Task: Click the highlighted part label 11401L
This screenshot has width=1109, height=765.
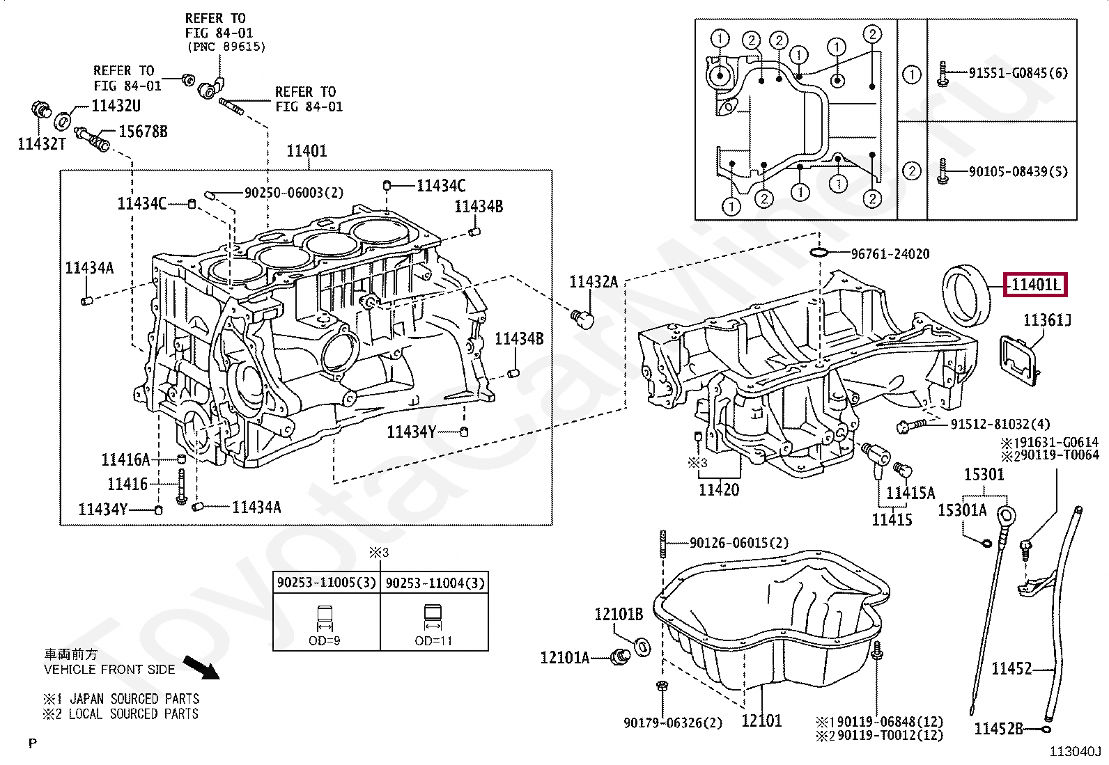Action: point(1035,285)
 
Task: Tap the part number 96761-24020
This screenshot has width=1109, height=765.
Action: point(890,254)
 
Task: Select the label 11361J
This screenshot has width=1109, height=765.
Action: point(1047,320)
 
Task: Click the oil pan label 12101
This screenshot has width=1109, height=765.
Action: point(761,720)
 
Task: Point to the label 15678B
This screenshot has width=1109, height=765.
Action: point(143,132)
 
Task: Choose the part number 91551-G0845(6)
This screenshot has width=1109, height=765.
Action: point(1018,73)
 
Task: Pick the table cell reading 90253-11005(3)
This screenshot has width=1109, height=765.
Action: point(327,583)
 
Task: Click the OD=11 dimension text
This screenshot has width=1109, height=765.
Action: point(433,641)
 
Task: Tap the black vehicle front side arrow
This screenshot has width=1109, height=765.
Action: point(201,667)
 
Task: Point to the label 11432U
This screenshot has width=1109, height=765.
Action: point(116,106)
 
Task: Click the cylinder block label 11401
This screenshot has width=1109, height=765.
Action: point(307,151)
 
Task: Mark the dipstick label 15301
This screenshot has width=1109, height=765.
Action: point(984,475)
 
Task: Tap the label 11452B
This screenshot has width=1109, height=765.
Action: point(998,728)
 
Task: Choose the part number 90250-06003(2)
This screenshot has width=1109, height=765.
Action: point(294,193)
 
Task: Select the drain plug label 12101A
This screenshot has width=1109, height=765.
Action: point(565,658)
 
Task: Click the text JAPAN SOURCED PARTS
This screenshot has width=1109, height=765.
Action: point(134,699)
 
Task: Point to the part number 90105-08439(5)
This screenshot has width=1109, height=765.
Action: point(1018,172)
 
